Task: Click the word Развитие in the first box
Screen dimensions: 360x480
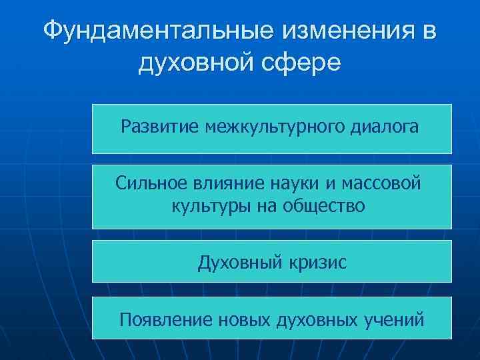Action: [159, 127]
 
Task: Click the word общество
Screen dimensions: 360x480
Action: [324, 206]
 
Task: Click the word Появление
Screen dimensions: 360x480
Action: [165, 320]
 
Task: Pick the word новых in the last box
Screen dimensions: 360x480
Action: [244, 320]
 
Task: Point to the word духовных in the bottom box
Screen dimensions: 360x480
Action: [319, 320]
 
